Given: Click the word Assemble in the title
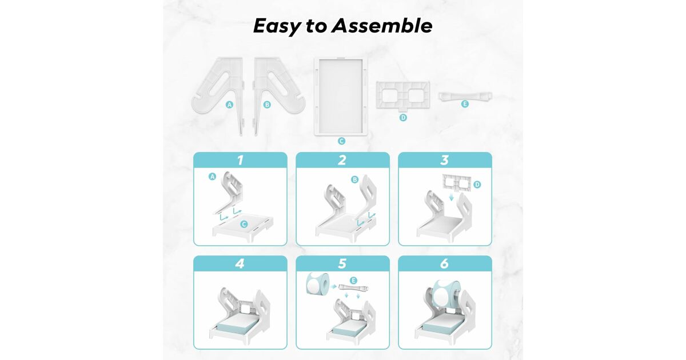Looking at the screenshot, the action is [382, 26].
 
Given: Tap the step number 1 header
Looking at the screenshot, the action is [240, 160].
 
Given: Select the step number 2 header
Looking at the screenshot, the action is [342, 160].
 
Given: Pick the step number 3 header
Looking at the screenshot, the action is [445, 160].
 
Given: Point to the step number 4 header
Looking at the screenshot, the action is [240, 263].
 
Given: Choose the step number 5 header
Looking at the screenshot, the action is [342, 263].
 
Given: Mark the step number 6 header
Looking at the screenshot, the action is [445, 263].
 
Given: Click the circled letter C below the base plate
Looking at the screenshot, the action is [341, 141].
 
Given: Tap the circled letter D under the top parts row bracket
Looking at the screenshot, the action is [403, 118].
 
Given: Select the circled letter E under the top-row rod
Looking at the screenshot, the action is [465, 104].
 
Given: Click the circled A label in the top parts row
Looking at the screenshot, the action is [229, 105].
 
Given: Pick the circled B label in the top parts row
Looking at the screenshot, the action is [267, 105].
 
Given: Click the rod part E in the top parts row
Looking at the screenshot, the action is [465, 96].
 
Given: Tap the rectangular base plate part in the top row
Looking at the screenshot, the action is [341, 96].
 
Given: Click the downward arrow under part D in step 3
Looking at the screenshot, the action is [451, 198].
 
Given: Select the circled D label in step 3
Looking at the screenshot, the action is [477, 185].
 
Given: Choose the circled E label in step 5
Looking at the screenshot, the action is [353, 281].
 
